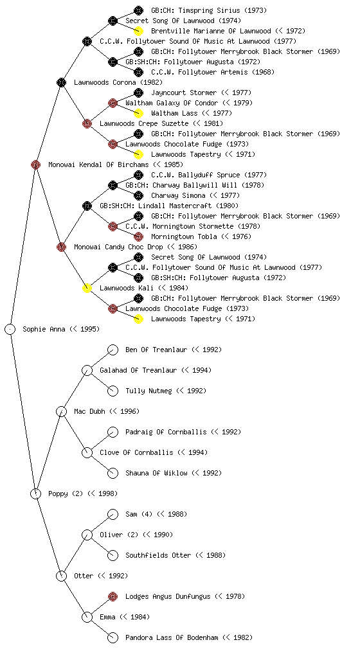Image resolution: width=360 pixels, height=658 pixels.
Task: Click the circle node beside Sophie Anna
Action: pyautogui.click(x=10, y=329)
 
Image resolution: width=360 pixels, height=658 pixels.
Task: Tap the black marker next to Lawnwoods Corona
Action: pyautogui.click(x=61, y=82)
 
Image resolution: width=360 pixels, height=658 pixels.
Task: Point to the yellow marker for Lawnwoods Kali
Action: pyautogui.click(x=87, y=288)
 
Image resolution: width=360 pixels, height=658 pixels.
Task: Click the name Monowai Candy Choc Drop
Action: pyautogui.click(x=119, y=247)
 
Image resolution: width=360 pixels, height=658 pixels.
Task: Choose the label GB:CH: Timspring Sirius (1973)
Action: pyautogui.click(x=209, y=10)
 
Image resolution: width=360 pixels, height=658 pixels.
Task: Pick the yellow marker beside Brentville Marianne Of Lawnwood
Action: pyautogui.click(x=138, y=31)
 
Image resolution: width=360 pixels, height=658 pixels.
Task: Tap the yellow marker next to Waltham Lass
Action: pyautogui.click(x=138, y=113)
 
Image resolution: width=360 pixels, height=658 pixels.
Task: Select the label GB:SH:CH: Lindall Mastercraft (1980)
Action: pyautogui.click(x=169, y=206)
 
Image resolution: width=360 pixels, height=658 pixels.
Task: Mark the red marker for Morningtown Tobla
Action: pyautogui.click(x=138, y=236)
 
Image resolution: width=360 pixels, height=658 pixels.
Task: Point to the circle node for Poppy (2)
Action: pyautogui.click(x=35, y=493)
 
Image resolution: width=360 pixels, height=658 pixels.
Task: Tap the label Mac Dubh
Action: pyautogui.click(x=89, y=411)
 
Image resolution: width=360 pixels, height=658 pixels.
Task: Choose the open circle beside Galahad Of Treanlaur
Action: pyautogui.click(x=87, y=370)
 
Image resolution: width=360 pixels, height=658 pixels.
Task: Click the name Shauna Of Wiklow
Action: pyautogui.click(x=156, y=473)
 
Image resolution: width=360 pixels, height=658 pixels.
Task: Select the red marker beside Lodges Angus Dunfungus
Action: pyautogui.click(x=113, y=596)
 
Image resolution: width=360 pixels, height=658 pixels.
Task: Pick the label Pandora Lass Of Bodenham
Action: pyautogui.click(x=172, y=637)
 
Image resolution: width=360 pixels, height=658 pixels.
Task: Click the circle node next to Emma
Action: pyautogui.click(x=87, y=617)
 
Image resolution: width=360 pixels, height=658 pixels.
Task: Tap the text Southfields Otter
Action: pyautogui.click(x=159, y=555)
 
